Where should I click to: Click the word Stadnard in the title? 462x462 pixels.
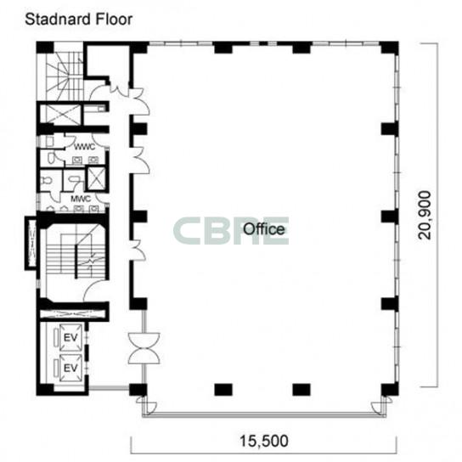click(55, 20)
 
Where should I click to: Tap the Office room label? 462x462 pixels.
click(264, 229)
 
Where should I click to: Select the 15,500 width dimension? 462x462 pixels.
click(264, 441)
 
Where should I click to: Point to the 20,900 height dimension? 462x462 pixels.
click(425, 216)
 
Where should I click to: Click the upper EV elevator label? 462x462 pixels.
click(70, 337)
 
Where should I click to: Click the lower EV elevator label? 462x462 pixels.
click(70, 368)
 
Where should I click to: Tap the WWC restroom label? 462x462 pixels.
click(85, 146)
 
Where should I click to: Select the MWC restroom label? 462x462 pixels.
click(81, 199)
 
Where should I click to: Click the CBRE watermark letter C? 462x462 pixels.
click(187, 231)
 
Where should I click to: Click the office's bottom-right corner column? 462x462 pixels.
click(390, 389)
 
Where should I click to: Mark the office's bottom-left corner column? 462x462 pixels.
click(138, 390)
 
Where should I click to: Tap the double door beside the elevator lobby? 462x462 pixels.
click(144, 348)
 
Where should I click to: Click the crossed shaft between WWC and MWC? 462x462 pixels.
click(95, 178)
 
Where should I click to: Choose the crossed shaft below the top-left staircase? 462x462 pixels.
click(62, 115)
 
